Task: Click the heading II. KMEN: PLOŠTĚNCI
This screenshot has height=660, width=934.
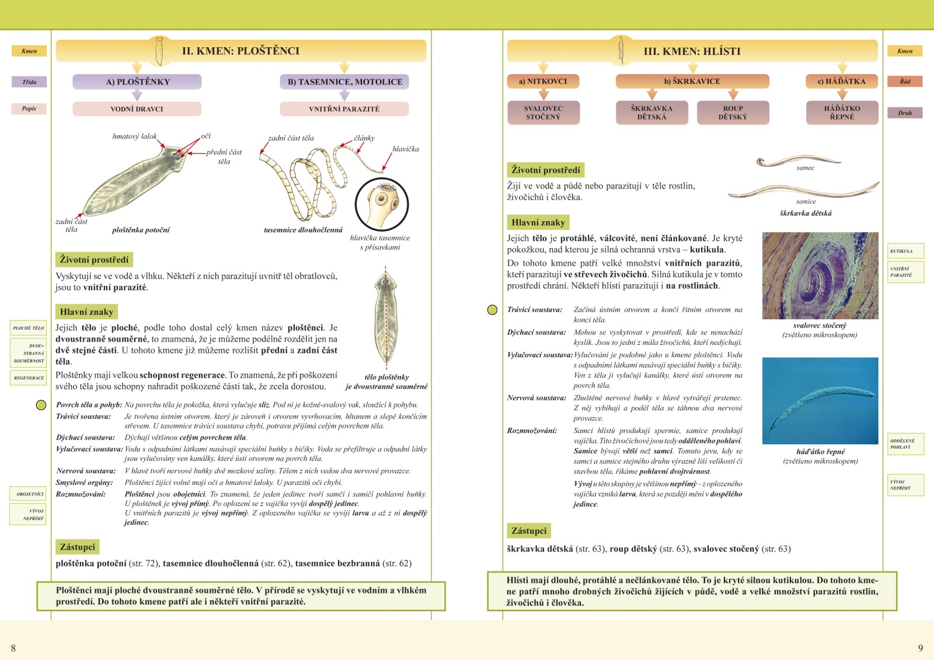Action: tap(241, 51)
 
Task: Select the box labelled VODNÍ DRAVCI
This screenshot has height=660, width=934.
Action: tap(137, 109)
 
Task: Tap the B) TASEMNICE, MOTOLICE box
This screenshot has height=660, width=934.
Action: tap(344, 82)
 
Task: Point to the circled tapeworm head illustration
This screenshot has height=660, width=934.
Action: tap(382, 204)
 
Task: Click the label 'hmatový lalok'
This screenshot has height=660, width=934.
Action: tap(134, 136)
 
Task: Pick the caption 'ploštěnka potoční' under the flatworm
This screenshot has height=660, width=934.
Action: tap(141, 230)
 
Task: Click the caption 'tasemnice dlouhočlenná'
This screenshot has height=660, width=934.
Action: tap(303, 230)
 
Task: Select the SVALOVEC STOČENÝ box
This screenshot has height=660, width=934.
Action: tap(543, 113)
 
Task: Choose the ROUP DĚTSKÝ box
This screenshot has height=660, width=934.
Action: tap(733, 113)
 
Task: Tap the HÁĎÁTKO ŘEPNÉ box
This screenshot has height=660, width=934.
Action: tap(842, 113)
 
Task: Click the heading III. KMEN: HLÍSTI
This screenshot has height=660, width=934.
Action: tap(692, 51)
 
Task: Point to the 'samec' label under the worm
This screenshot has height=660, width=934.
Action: tap(805, 168)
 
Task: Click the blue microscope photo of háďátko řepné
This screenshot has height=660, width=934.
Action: tap(820, 400)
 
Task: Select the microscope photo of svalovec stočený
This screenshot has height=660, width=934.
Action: tap(820, 275)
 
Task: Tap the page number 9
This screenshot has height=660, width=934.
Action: tap(921, 648)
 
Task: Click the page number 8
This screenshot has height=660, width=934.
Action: tap(13, 648)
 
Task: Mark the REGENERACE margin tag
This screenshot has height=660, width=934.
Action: tap(29, 378)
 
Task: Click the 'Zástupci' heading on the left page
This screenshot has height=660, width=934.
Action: tap(77, 547)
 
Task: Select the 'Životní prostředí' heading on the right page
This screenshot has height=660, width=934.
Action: tap(545, 170)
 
